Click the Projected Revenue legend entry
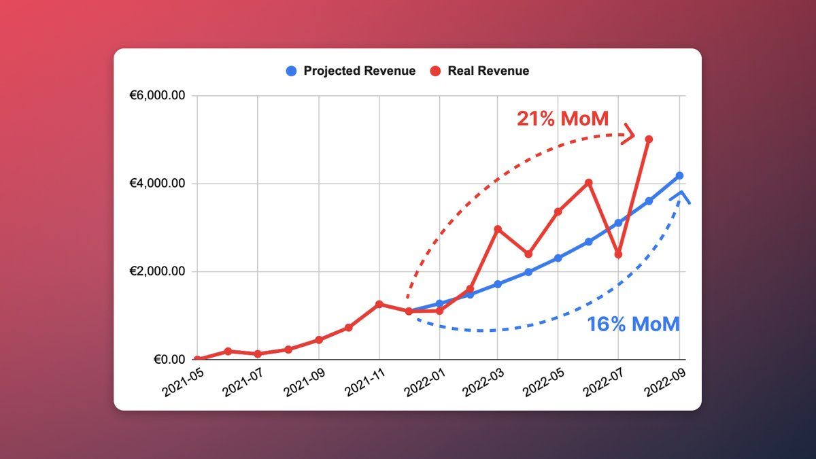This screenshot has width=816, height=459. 351,71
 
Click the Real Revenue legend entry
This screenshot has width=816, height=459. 480,71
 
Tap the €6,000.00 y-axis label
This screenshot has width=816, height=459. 158,96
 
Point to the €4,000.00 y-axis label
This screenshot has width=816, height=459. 158,184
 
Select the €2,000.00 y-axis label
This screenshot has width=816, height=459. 158,271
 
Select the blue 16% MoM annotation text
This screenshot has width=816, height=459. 633,324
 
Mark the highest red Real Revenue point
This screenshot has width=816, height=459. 649,139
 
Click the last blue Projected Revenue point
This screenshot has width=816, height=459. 679,176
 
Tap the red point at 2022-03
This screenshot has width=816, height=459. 498,229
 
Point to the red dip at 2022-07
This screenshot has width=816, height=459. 618,255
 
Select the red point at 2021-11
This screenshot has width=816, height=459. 379,304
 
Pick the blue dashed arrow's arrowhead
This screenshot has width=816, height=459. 681,197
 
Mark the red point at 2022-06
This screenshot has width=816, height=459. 588,183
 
